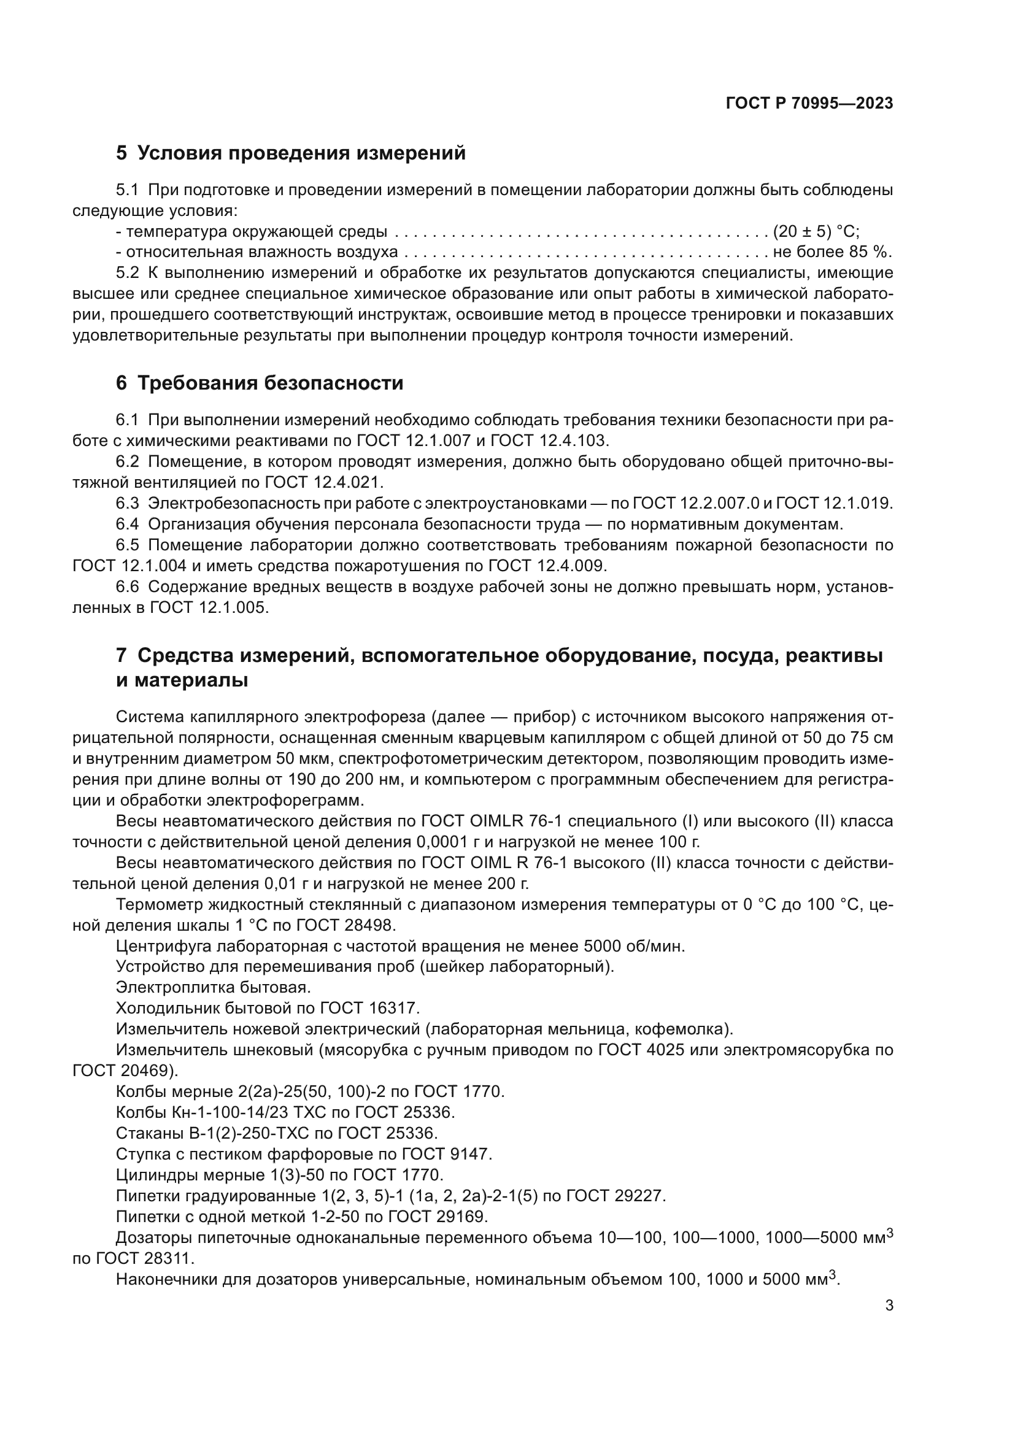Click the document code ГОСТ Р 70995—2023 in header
(x=809, y=104)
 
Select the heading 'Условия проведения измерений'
(x=301, y=153)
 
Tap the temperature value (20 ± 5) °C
(x=816, y=232)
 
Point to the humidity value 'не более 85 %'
(x=832, y=253)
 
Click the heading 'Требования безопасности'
(x=270, y=383)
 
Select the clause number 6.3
(x=128, y=503)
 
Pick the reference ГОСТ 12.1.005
(x=209, y=607)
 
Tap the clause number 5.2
(x=128, y=273)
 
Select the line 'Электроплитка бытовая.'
(x=214, y=988)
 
